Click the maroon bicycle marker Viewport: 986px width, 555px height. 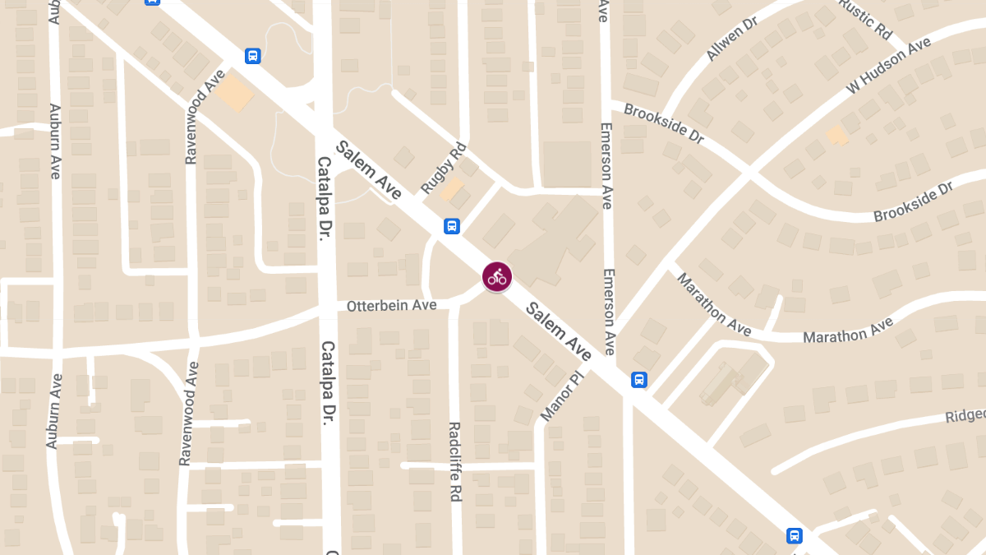(497, 276)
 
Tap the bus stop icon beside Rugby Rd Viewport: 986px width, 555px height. (451, 226)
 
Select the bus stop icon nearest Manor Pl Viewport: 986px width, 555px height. (639, 380)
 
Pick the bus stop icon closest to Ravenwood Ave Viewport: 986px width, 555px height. (253, 56)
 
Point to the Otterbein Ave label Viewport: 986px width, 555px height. (391, 305)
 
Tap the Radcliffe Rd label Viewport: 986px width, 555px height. (454, 461)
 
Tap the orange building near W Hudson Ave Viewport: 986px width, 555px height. (836, 135)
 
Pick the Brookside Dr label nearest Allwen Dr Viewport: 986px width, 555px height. (664, 123)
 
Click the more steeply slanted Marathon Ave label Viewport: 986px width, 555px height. (713, 303)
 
